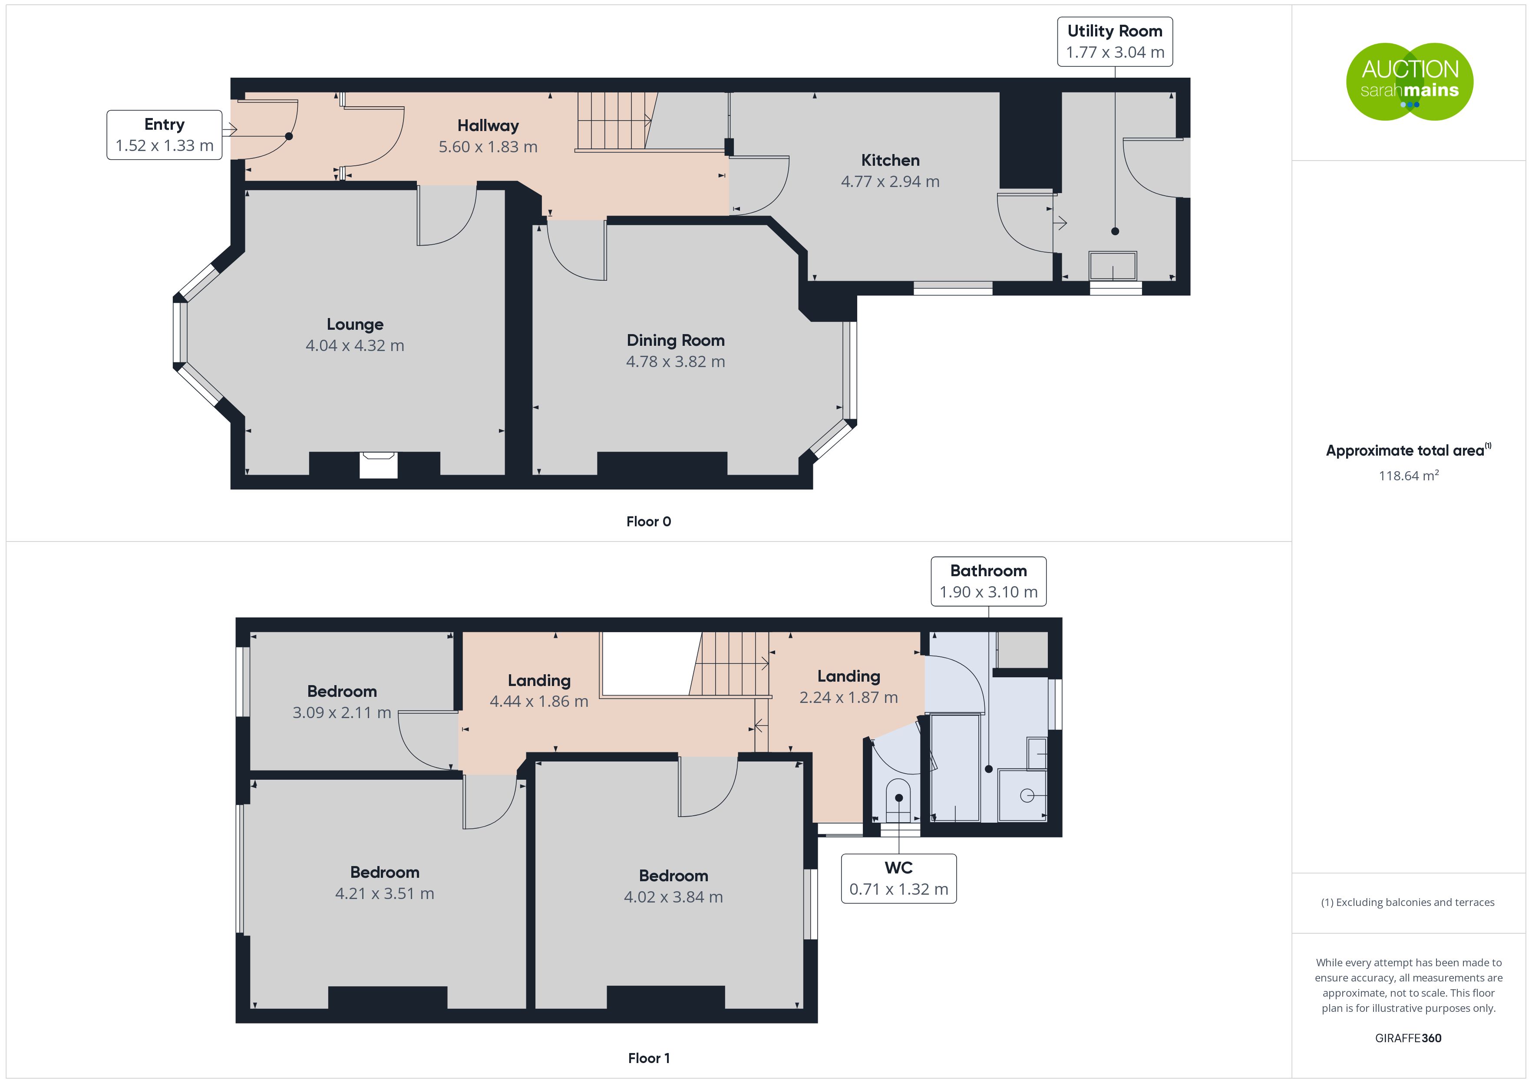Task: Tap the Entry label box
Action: (x=164, y=135)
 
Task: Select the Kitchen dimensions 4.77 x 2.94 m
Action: (x=890, y=181)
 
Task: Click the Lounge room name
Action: (x=355, y=325)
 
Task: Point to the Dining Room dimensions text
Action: (x=675, y=361)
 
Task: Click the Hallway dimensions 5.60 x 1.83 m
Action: (x=488, y=147)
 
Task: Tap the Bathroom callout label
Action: (x=988, y=581)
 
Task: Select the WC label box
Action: (x=899, y=878)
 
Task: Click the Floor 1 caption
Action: (x=649, y=1058)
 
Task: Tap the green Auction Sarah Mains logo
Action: (x=1409, y=82)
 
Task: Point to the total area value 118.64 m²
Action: (x=1409, y=476)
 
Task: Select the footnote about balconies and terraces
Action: (x=1408, y=902)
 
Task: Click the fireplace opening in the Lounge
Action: (x=378, y=465)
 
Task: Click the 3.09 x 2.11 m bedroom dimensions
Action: (x=342, y=712)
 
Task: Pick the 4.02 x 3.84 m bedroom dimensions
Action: (x=673, y=897)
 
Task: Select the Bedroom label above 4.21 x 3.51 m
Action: (x=385, y=872)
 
